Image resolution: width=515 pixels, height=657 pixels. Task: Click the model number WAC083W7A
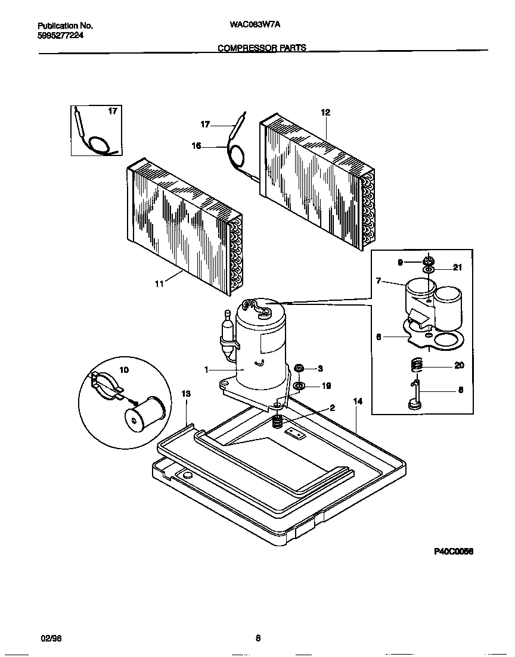(255, 26)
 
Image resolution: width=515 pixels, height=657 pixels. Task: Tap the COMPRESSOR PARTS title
(262, 48)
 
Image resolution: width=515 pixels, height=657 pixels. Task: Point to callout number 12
(325, 113)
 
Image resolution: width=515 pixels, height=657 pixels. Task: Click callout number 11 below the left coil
(159, 285)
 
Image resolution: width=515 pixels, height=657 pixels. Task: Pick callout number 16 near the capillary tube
(196, 145)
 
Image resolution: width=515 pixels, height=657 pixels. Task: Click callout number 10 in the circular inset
(124, 370)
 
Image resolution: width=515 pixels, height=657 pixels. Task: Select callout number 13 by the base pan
(186, 394)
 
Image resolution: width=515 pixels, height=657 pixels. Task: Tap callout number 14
(358, 402)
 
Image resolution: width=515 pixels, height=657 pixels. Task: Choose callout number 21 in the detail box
(458, 268)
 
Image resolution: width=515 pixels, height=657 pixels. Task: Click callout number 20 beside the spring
(459, 366)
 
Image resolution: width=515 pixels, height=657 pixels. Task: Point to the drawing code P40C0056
(453, 552)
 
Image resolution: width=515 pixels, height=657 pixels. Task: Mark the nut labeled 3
(300, 369)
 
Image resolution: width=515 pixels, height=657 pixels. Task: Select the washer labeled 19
(299, 386)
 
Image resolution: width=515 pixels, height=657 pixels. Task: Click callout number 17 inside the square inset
(113, 111)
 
